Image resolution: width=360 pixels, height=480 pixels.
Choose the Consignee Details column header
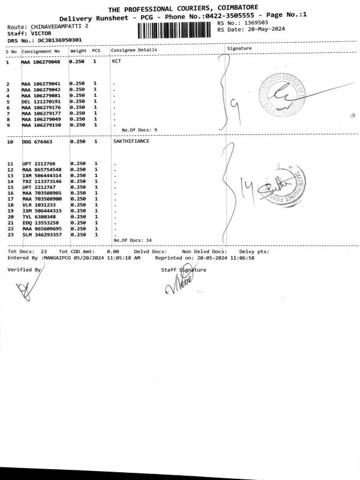(134, 50)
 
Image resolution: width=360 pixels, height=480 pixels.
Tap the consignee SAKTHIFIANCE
(131, 142)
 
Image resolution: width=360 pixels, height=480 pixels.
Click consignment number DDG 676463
(37, 142)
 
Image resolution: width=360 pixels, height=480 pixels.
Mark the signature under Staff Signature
(177, 286)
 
